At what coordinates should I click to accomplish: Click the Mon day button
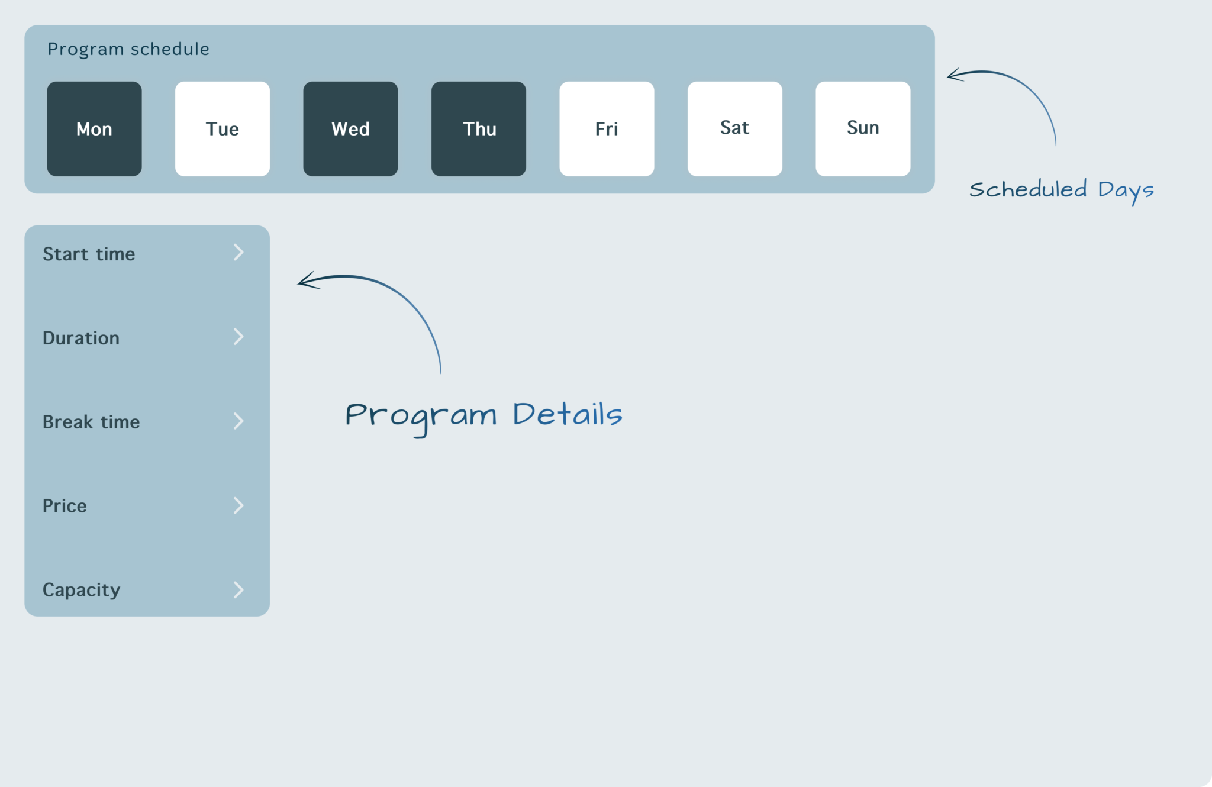pos(94,129)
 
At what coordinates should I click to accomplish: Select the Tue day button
pos(223,129)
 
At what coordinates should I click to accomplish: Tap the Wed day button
pos(350,129)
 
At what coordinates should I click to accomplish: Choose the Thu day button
pos(479,129)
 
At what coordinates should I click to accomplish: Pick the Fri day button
pos(607,129)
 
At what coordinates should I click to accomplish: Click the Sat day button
pos(734,129)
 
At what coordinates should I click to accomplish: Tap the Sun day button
pos(863,129)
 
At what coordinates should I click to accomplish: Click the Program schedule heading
pos(128,49)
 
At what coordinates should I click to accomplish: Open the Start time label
pos(89,254)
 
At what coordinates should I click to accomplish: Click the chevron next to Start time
pos(238,253)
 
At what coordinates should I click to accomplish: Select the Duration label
pos(81,338)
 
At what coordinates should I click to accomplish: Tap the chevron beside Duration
pos(238,337)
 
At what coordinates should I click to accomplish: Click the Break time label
pos(91,422)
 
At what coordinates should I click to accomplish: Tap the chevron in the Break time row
pos(238,421)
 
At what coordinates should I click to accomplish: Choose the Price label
pos(65,506)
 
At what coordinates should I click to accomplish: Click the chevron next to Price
pos(238,505)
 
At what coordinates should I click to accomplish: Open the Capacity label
pos(82,590)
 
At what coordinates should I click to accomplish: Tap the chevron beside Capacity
pos(238,590)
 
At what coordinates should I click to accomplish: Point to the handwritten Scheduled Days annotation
pos(1061,190)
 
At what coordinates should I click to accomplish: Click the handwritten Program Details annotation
pos(483,415)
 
